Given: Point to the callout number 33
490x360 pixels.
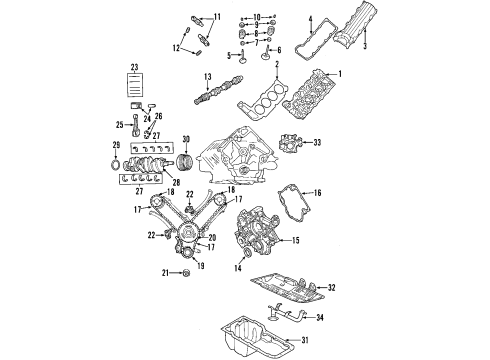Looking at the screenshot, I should pos(317,144).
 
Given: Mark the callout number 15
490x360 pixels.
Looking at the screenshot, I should pos(294,240).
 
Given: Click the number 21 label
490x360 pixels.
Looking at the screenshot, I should pos(164,272).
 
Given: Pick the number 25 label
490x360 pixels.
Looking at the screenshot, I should pos(119,124).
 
